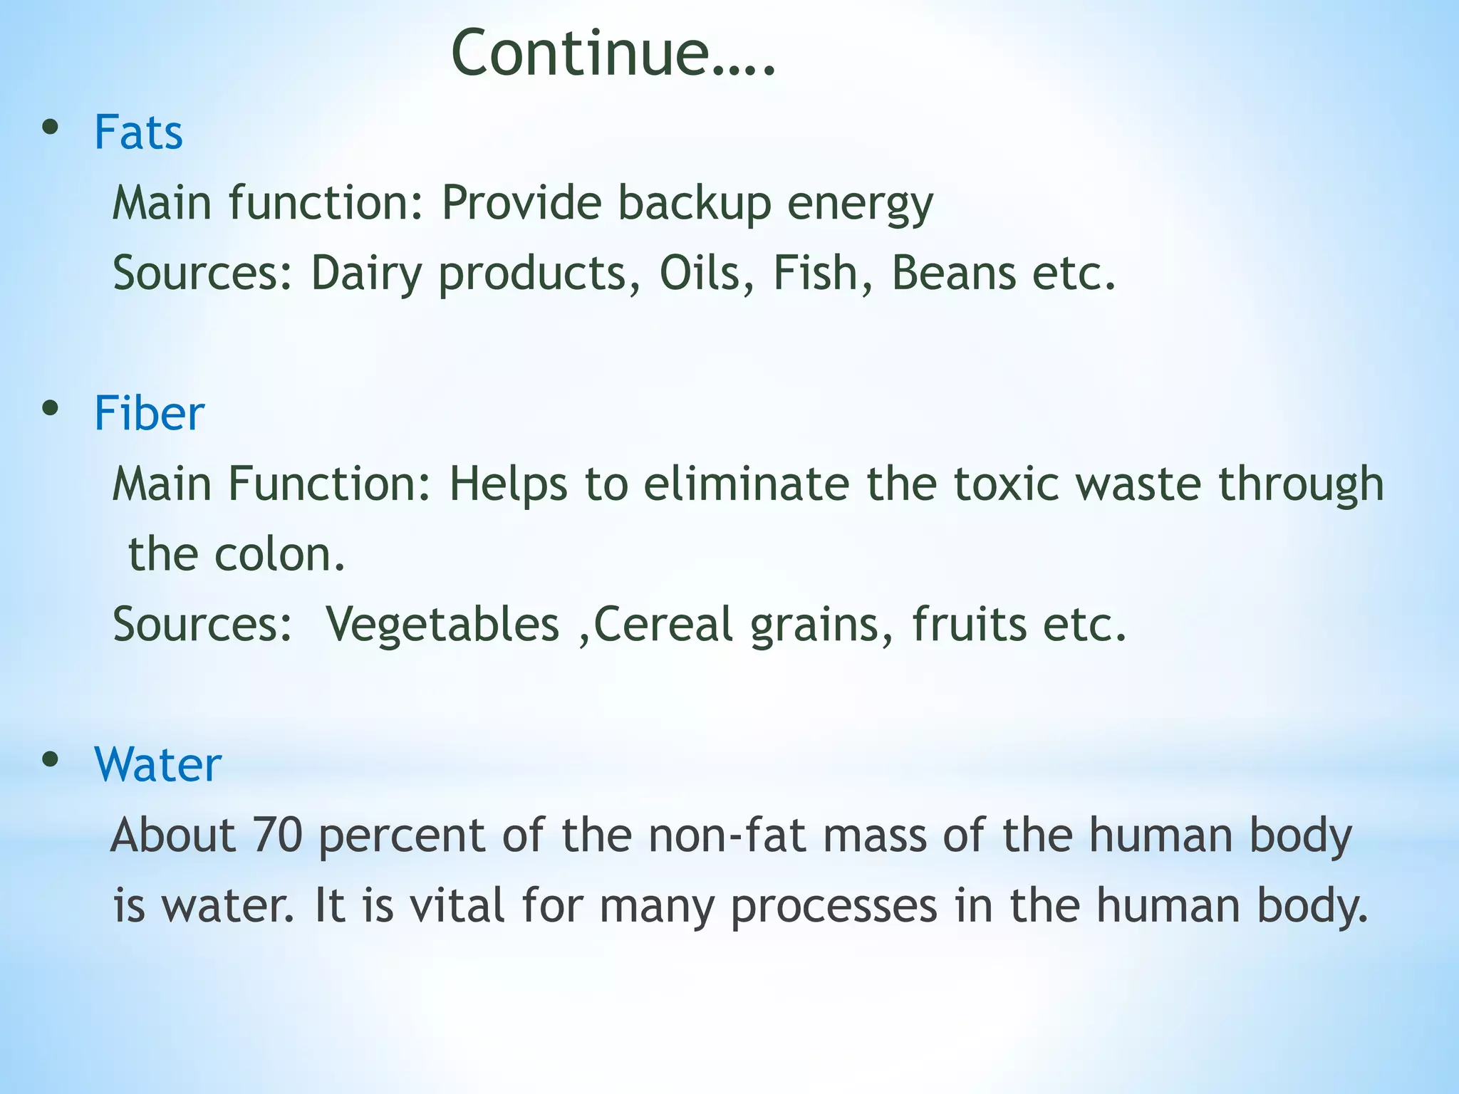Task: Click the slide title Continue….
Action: tap(613, 53)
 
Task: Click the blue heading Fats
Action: tap(138, 133)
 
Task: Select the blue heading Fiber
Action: tap(149, 414)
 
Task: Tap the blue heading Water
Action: tap(157, 765)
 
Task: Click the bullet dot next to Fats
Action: tap(50, 128)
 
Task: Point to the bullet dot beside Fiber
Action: tap(50, 409)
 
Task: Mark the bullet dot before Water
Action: tap(50, 760)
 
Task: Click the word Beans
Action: tap(953, 273)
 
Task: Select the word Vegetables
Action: tap(442, 625)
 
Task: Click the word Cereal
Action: tap(663, 625)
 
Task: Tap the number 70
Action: tap(277, 835)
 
